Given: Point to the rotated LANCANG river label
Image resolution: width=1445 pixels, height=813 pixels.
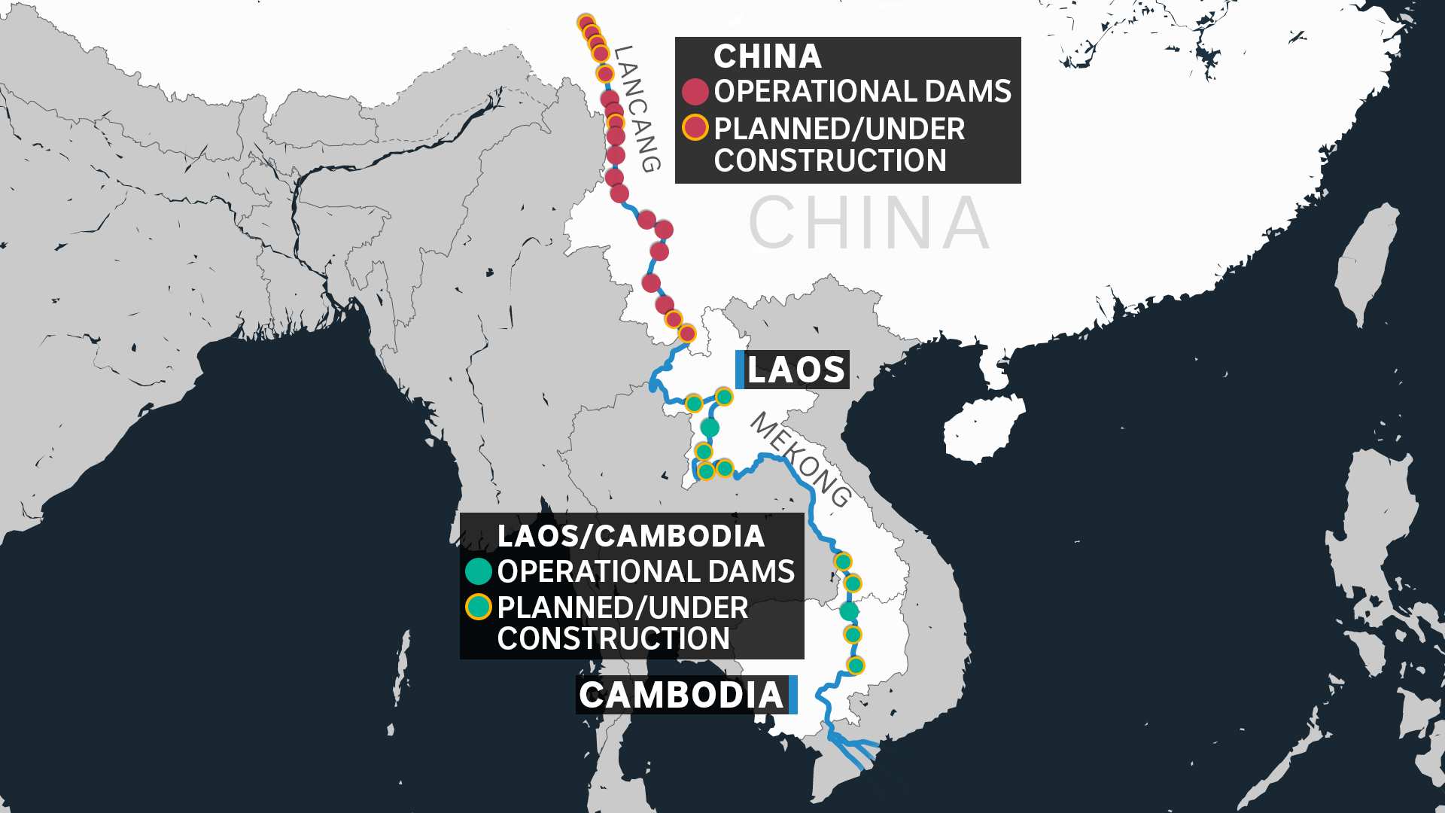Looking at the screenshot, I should [x=637, y=108].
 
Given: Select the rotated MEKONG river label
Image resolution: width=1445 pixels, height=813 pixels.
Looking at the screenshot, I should [x=801, y=459].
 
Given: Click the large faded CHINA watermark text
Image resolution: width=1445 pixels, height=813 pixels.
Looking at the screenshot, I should [x=869, y=223].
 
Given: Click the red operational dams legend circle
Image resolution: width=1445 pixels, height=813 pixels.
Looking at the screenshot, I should [x=695, y=91].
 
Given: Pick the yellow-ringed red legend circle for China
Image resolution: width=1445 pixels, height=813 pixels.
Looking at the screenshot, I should [x=695, y=128].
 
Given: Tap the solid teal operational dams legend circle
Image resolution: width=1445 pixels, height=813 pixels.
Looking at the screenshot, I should [x=479, y=571].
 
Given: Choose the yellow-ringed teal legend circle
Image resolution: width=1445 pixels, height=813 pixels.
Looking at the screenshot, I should [x=479, y=607].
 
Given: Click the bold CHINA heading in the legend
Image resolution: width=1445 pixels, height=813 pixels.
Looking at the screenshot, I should [x=768, y=56].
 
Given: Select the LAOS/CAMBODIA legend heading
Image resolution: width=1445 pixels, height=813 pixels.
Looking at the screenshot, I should [x=631, y=536].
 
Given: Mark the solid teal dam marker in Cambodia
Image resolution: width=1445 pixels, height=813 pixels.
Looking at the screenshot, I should [x=849, y=611].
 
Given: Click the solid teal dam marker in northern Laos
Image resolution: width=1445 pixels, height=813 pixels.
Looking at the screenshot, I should [x=710, y=428].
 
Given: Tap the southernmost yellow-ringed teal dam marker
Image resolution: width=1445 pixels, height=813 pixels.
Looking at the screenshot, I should [x=856, y=665].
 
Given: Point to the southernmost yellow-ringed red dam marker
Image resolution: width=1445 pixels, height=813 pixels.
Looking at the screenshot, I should [x=687, y=333].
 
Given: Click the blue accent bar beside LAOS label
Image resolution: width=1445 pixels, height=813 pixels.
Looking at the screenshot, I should [x=740, y=370].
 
